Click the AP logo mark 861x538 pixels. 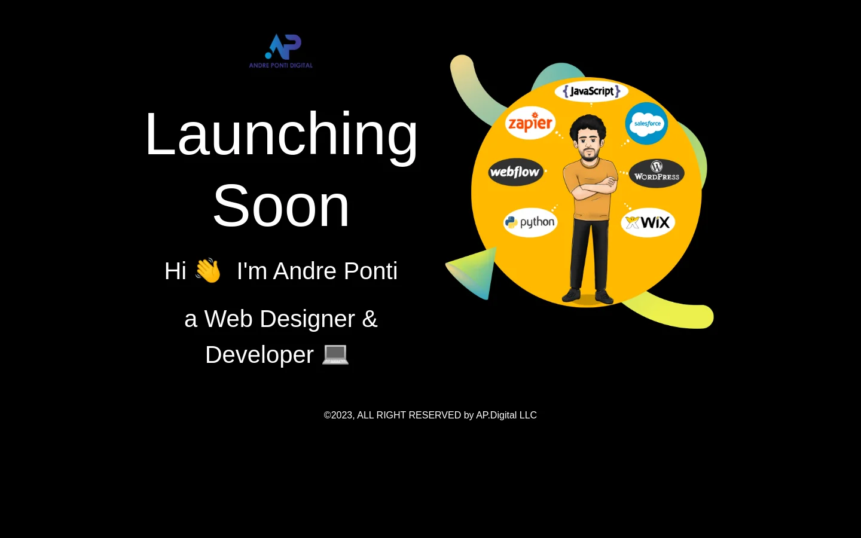coord(283,47)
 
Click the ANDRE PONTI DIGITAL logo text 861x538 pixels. coord(281,65)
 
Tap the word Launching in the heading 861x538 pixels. coord(282,135)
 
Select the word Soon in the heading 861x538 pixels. coord(282,206)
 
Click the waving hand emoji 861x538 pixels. coord(208,271)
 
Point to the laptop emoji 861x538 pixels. coord(335,354)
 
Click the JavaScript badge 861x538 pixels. coord(591,91)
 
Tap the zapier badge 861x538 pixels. coord(530,123)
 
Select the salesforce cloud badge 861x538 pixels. coord(646,123)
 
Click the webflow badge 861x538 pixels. coord(515,172)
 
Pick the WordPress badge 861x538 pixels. coord(657,173)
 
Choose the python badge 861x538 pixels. coord(530,222)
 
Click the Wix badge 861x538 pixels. coord(648,222)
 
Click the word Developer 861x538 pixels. coord(259,354)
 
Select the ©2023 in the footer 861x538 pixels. coord(339,415)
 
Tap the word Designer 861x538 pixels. coord(307,319)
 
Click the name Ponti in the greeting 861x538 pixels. coord(371,271)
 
